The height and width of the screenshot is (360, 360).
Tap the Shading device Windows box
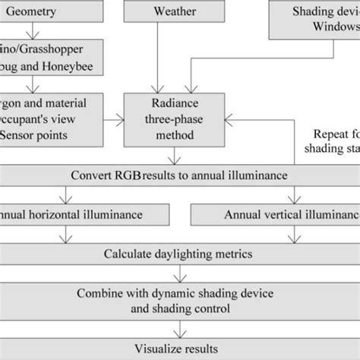[x=314, y=18]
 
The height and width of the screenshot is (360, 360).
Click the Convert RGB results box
[x=179, y=175]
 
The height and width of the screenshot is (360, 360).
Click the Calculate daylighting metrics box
[x=179, y=253]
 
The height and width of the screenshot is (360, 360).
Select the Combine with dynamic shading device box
[x=179, y=298]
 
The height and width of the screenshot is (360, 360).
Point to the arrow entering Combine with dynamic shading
[x=179, y=273]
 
